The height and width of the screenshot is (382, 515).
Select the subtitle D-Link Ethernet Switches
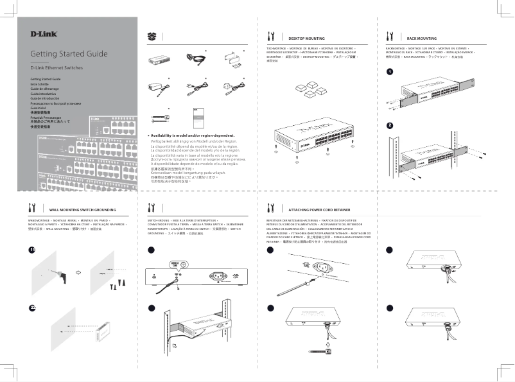click(x=57, y=67)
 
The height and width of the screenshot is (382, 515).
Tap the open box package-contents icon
click(x=152, y=36)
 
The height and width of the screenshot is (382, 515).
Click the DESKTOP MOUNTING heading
click(x=306, y=39)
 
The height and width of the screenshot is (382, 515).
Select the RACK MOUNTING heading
click(x=421, y=39)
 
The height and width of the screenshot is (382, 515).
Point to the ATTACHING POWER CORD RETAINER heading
click(x=319, y=210)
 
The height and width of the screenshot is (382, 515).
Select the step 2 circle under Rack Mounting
click(x=390, y=125)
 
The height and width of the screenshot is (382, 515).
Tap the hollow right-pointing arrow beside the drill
click(x=80, y=272)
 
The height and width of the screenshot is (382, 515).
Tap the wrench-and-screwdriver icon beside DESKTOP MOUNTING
click(x=271, y=36)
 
